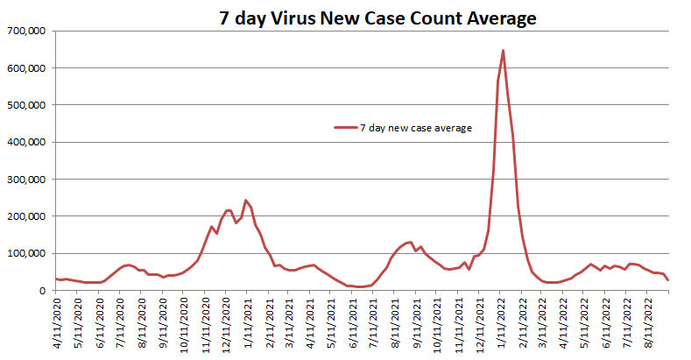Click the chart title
(x=366, y=17)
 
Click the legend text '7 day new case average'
(x=416, y=128)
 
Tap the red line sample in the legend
(x=345, y=128)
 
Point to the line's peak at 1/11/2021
(x=246, y=200)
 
